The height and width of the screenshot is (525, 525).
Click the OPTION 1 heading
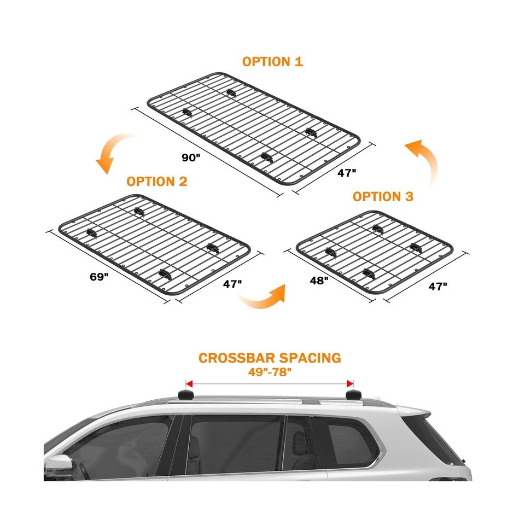click(x=272, y=61)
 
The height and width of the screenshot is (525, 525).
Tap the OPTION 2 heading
click(x=157, y=182)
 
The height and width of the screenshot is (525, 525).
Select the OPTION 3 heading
click(x=383, y=196)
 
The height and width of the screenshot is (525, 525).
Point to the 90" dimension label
click(x=191, y=157)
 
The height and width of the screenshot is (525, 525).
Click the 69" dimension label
click(x=100, y=276)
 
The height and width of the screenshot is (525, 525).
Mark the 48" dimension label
click(x=319, y=281)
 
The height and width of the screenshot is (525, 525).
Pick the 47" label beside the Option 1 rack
click(x=347, y=173)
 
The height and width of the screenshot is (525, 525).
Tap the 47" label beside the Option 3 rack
click(x=437, y=285)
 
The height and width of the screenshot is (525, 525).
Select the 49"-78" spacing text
click(x=270, y=372)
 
